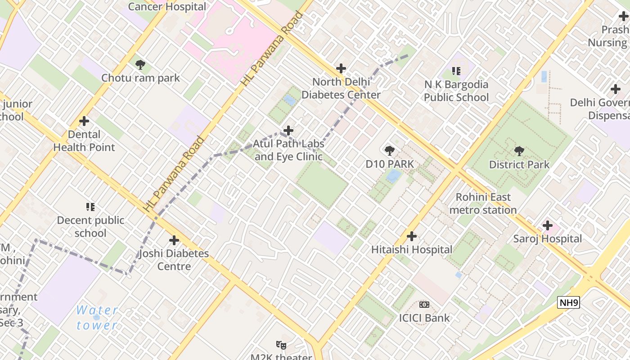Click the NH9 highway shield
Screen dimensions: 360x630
[x=568, y=302]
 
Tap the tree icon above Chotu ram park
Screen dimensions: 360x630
[x=140, y=65]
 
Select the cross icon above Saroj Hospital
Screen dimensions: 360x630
[x=547, y=225]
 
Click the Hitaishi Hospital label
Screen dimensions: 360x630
[x=412, y=249]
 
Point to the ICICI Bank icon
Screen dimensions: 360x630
[x=424, y=305]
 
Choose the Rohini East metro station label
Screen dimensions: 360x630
[x=483, y=203]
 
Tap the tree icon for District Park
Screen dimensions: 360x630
[x=519, y=151]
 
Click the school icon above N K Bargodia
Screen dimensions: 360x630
[x=456, y=71]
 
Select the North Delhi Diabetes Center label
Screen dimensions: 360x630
[x=341, y=88]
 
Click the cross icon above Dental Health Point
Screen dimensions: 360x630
[x=84, y=121]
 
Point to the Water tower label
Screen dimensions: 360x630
[x=97, y=317]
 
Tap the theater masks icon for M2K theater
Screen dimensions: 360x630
[x=281, y=345]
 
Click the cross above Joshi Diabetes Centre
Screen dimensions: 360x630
[x=174, y=240]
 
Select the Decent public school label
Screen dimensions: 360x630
[x=90, y=226]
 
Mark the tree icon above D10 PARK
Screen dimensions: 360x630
[x=389, y=151]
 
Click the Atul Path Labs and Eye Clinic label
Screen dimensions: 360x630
[x=288, y=150]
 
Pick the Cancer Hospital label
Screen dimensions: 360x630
[x=167, y=7]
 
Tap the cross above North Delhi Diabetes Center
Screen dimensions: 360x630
[x=341, y=68]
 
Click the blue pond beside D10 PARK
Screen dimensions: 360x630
[x=393, y=176]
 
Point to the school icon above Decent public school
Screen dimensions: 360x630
[x=90, y=207]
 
